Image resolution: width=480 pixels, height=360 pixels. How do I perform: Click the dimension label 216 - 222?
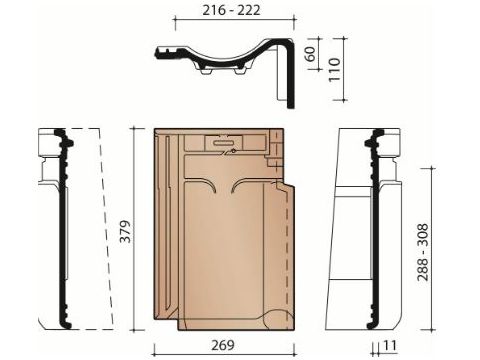click(231, 10)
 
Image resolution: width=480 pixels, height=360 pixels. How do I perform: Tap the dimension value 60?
click(310, 54)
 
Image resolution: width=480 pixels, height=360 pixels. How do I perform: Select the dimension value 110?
click(334, 69)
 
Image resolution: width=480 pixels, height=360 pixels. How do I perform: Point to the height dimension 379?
click(126, 231)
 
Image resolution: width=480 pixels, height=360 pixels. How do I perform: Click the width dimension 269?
click(223, 345)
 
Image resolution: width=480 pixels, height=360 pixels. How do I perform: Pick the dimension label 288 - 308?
click(423, 252)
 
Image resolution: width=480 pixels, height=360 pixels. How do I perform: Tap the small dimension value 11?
click(389, 346)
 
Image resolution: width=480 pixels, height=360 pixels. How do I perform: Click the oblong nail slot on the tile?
click(223, 142)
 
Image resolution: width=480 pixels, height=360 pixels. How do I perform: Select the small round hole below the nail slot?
click(234, 151)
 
